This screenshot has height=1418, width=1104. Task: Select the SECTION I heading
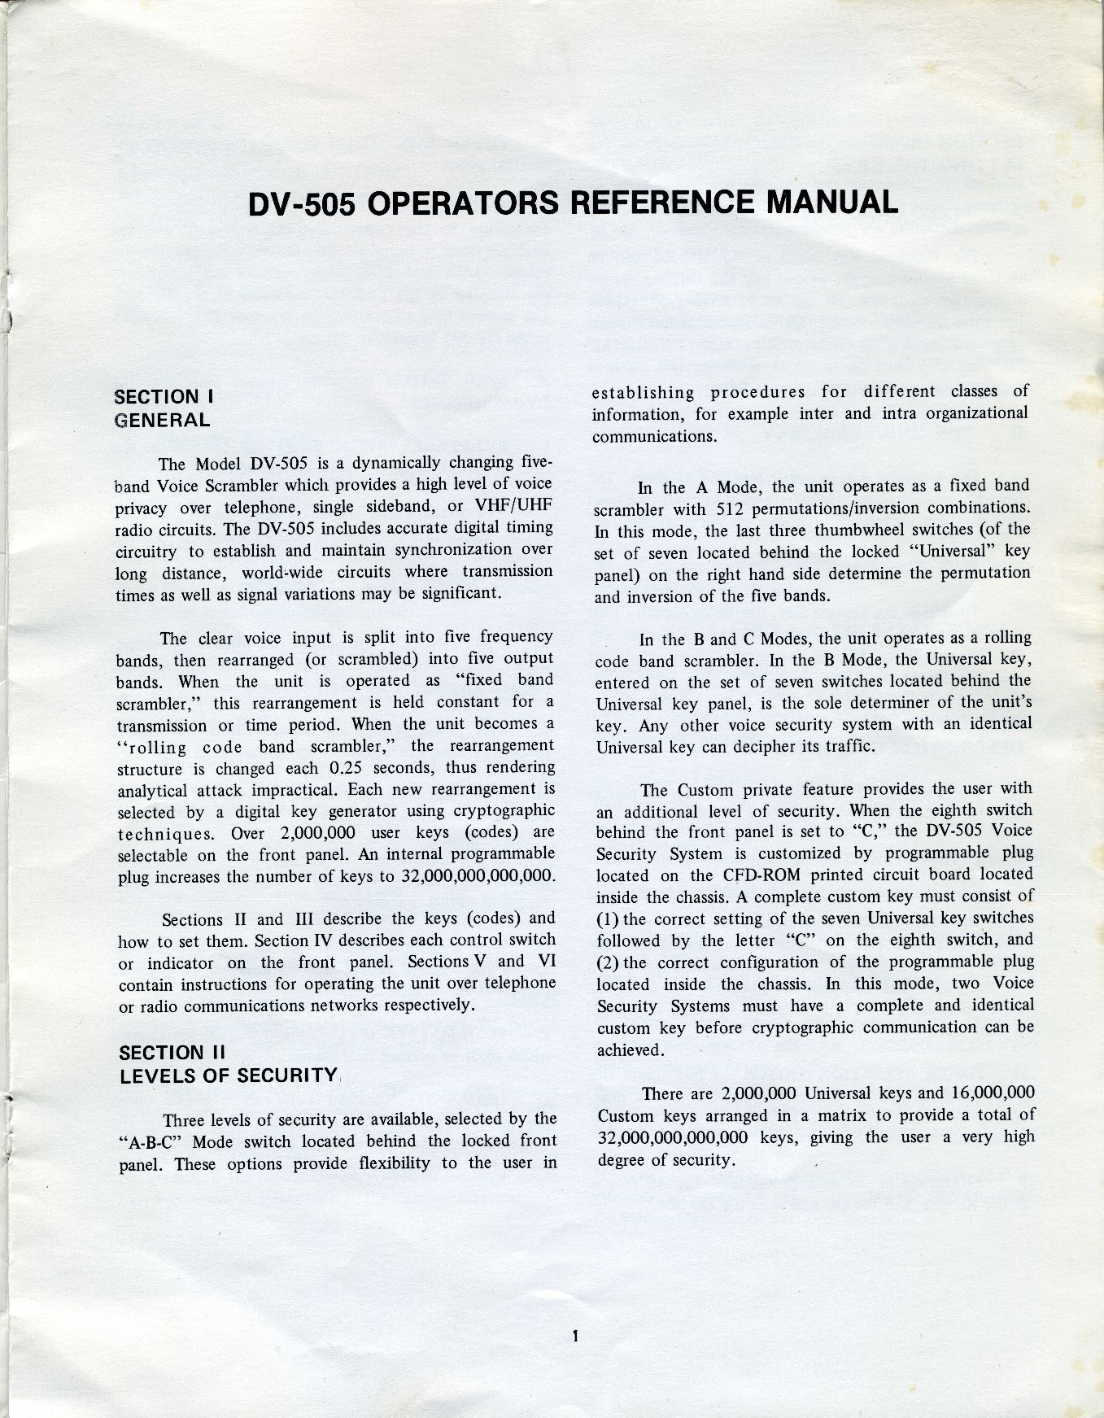[164, 397]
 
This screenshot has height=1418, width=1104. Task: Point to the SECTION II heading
[172, 1053]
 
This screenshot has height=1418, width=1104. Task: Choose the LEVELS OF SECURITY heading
[229, 1075]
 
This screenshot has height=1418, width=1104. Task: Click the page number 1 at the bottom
[574, 1335]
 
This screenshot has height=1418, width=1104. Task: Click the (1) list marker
[609, 918]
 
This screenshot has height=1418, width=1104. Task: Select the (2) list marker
[609, 962]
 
